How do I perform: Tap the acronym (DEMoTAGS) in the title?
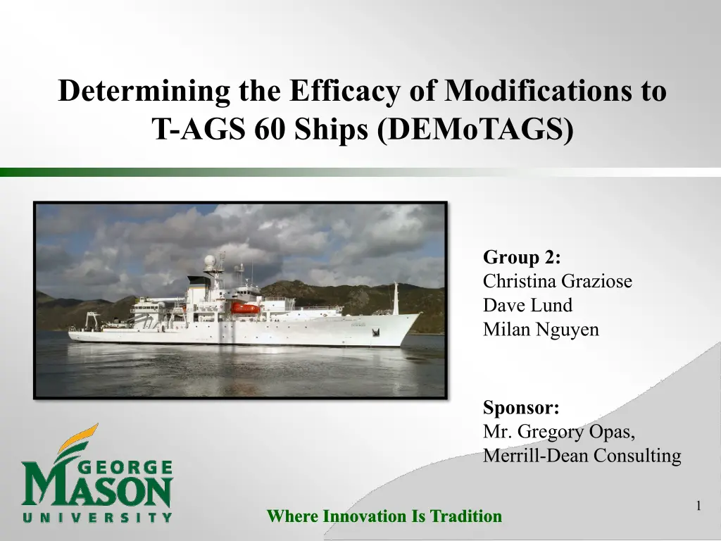pyautogui.click(x=475, y=130)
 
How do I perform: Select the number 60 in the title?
pyautogui.click(x=269, y=130)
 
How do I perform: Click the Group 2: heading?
pyautogui.click(x=522, y=256)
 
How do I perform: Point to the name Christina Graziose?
pyautogui.click(x=558, y=280)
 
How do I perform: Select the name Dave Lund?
pyautogui.click(x=527, y=305)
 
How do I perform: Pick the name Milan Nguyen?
pyautogui.click(x=541, y=330)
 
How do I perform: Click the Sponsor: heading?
pyautogui.click(x=521, y=408)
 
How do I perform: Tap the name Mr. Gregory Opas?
pyautogui.click(x=558, y=432)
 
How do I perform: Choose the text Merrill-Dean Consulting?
pyautogui.click(x=582, y=456)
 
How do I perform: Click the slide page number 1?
pyautogui.click(x=698, y=506)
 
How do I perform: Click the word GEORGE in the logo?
pyautogui.click(x=126, y=468)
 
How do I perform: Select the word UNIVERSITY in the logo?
pyautogui.click(x=97, y=517)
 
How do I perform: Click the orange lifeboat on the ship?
pyautogui.click(x=244, y=309)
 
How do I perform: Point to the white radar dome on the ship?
pyautogui.click(x=210, y=261)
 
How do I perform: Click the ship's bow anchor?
pyautogui.click(x=376, y=332)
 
